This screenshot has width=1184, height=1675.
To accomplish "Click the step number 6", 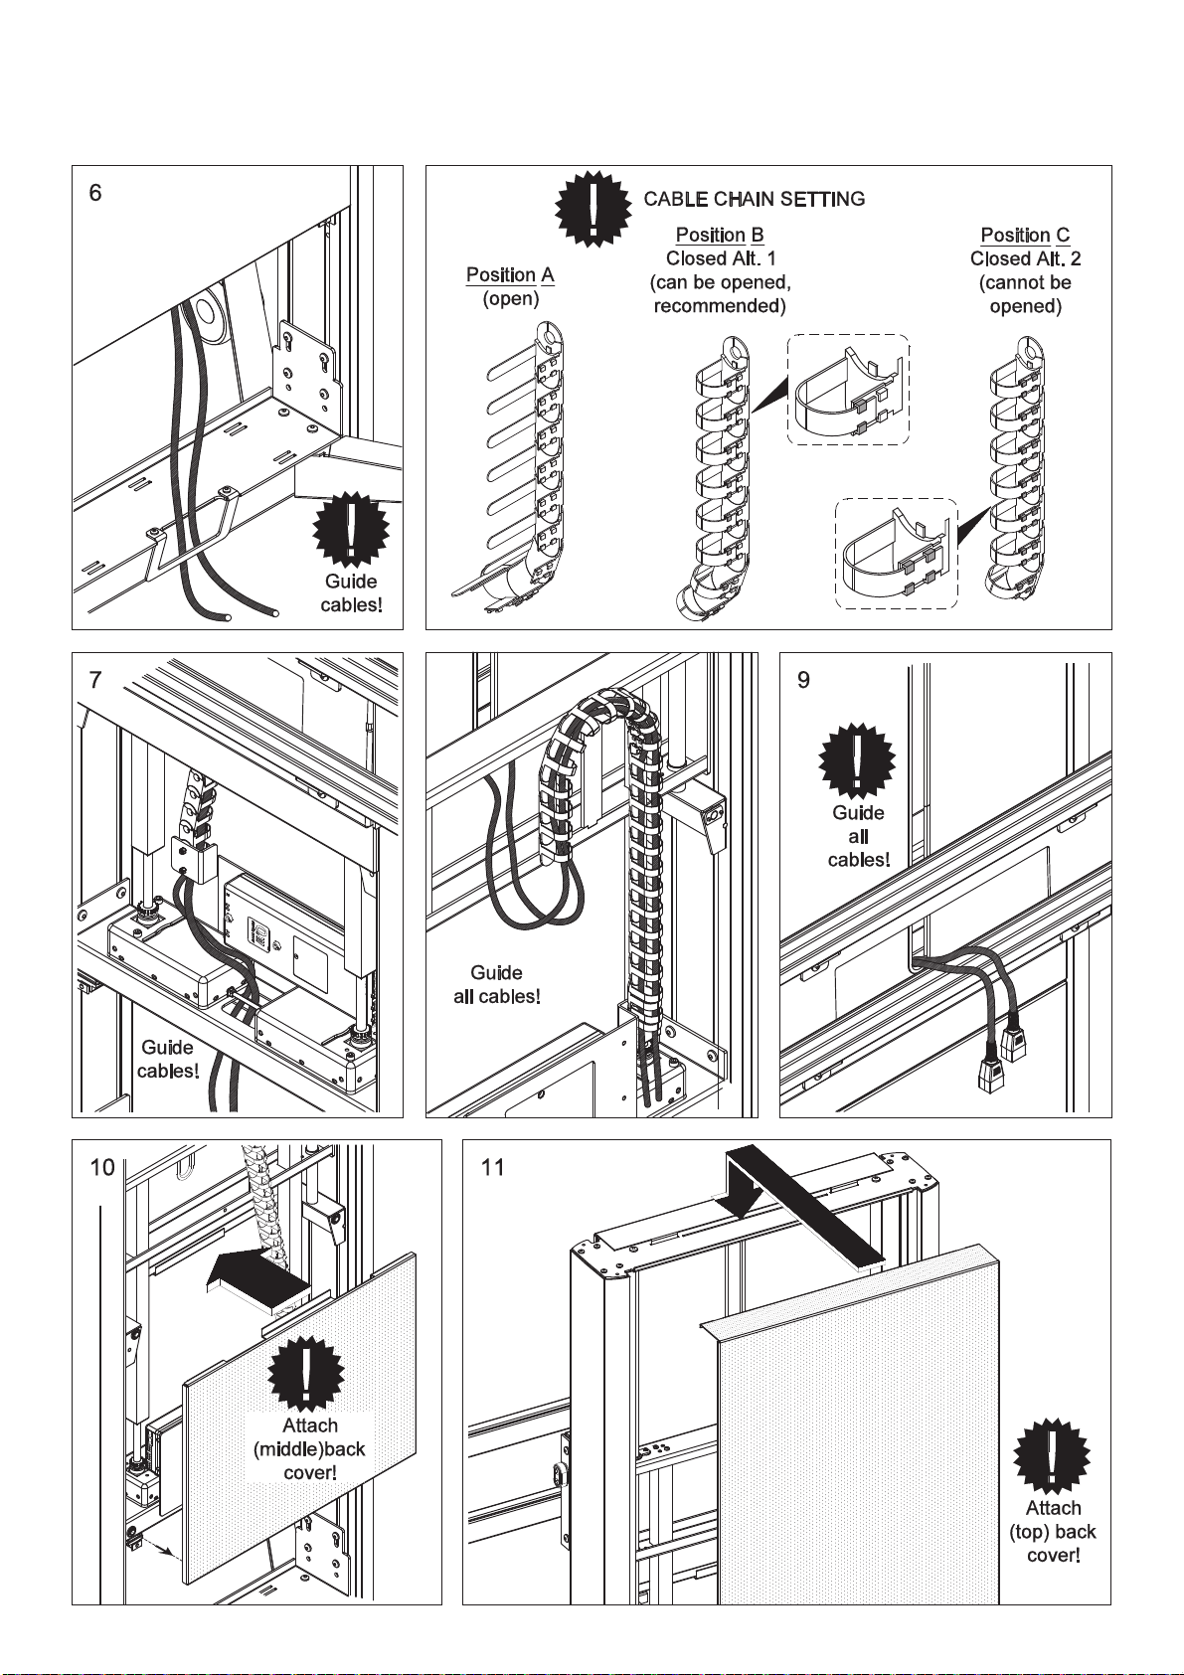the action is click(x=95, y=193).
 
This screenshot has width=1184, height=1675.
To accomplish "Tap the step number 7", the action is click(x=95, y=680).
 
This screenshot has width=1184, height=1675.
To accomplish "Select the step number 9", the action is click(x=803, y=680).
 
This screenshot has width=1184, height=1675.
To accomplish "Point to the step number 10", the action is click(x=103, y=1167).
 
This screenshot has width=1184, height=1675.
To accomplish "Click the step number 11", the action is click(x=493, y=1167).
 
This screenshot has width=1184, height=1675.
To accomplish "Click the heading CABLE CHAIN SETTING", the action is click(x=754, y=199).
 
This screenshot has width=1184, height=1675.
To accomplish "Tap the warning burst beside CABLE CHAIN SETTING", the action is click(x=593, y=209).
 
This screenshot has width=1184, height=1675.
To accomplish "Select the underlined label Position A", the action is click(x=510, y=275).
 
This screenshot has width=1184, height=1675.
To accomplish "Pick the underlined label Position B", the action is click(x=720, y=236).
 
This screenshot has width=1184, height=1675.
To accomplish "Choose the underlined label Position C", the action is click(x=1025, y=236).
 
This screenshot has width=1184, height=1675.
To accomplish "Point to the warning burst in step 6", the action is click(x=351, y=530).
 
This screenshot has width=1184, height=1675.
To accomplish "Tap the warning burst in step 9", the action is click(x=857, y=762).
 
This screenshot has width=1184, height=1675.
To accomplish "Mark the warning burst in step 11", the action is click(x=1052, y=1453).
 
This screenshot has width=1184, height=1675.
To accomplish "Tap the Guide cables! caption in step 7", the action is click(x=168, y=1059).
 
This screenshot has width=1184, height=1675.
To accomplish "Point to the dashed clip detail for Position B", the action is click(x=848, y=390).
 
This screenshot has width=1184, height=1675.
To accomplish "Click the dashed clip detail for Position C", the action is click(x=896, y=554).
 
